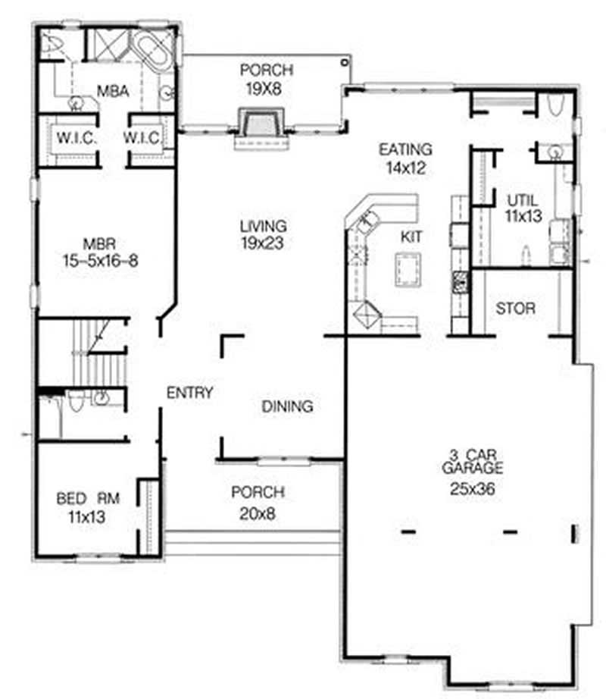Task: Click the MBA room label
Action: tap(112, 92)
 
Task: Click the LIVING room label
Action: tap(263, 226)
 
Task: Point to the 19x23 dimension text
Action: tap(263, 243)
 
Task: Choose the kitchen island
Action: tap(408, 269)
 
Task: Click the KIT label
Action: tap(411, 237)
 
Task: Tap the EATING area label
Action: tap(405, 149)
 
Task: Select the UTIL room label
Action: tap(522, 201)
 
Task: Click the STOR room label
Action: tap(516, 309)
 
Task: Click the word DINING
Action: tap(287, 406)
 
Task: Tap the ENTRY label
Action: tap(189, 393)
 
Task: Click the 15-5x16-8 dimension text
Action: tap(99, 261)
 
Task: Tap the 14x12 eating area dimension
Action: tap(405, 168)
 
